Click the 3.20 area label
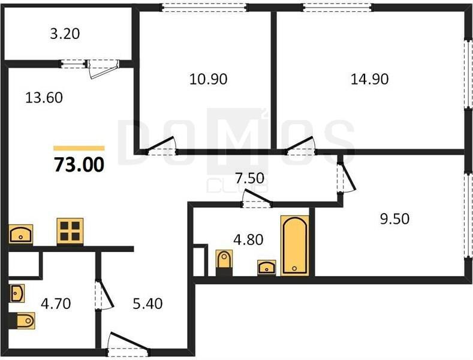click(65, 34)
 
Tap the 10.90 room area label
click(208, 79)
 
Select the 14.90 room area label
click(369, 79)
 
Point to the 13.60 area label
click(44, 98)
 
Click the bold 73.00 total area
click(79, 164)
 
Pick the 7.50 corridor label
click(250, 178)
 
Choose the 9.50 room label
click(394, 218)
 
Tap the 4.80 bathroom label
click(248, 239)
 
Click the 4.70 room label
click(56, 303)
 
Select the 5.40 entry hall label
click(147, 303)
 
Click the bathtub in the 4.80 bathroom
click(295, 245)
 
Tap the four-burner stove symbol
click(70, 231)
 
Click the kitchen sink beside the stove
click(20, 234)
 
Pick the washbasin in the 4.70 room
click(17, 293)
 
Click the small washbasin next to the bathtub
click(266, 268)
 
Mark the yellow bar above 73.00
click(79, 148)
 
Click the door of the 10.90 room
click(161, 146)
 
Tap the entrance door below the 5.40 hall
click(128, 344)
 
